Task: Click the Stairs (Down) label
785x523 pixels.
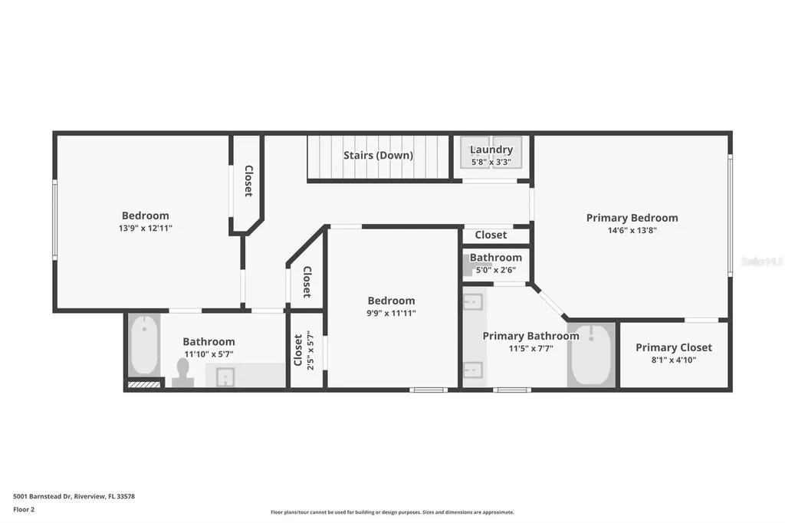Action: pyautogui.click(x=378, y=156)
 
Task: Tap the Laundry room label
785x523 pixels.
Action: pyautogui.click(x=491, y=150)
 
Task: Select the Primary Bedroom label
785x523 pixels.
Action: pyautogui.click(x=632, y=218)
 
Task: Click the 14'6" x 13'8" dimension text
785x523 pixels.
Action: pyautogui.click(x=632, y=230)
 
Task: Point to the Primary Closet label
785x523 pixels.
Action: pyautogui.click(x=673, y=347)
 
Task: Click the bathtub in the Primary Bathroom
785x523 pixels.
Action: pyautogui.click(x=590, y=354)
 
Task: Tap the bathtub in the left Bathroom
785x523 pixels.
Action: pyautogui.click(x=144, y=345)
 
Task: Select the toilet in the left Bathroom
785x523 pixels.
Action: pyautogui.click(x=182, y=371)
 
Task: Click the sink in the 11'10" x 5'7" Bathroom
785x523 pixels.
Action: pyautogui.click(x=225, y=376)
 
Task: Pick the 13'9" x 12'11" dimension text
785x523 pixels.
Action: pyautogui.click(x=146, y=228)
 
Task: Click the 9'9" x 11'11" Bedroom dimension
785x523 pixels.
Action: pyautogui.click(x=391, y=313)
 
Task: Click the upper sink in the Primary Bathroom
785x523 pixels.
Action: pyautogui.click(x=474, y=301)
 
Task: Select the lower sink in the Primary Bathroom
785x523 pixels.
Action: pyautogui.click(x=474, y=370)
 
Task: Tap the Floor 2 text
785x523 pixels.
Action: pyautogui.click(x=23, y=509)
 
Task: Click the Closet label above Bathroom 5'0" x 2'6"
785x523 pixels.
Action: pyautogui.click(x=491, y=235)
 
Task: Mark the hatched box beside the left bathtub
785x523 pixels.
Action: pyautogui.click(x=144, y=384)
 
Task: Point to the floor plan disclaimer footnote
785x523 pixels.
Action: pyautogui.click(x=392, y=512)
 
